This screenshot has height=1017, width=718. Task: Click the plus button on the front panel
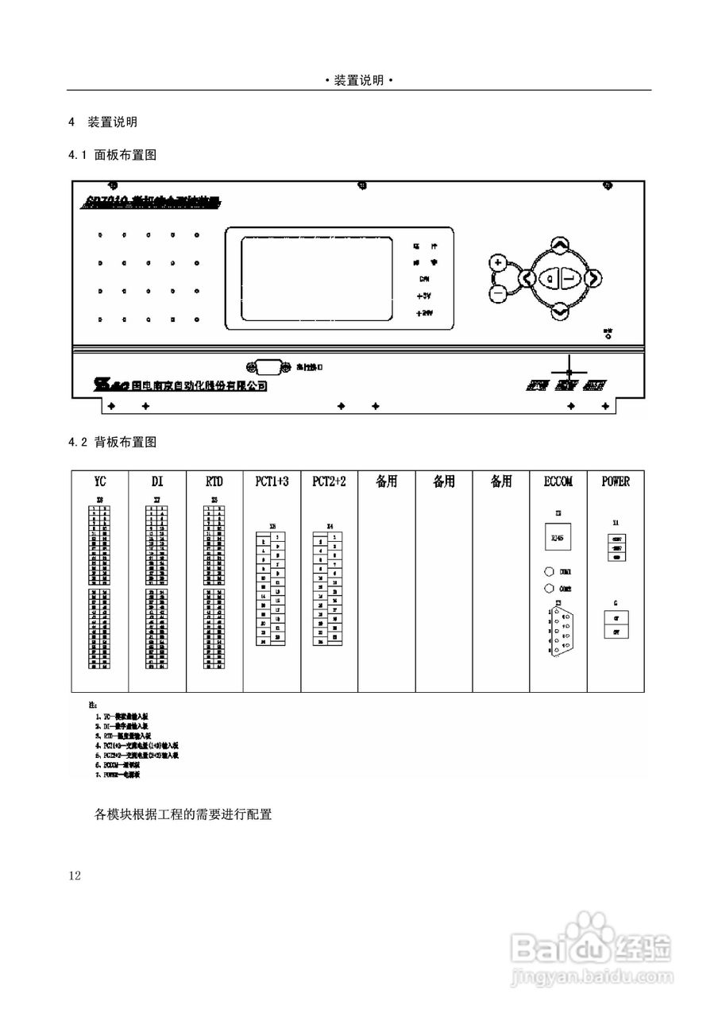pos(498,262)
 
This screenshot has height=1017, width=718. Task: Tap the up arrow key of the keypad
pos(559,245)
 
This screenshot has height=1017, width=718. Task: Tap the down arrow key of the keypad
pos(559,311)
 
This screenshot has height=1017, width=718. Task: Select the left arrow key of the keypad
pos(526,278)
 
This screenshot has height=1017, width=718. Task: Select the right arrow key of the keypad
pos(593,278)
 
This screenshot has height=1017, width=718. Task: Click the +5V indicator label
pos(424,296)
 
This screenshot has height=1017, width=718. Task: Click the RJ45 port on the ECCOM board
pos(559,539)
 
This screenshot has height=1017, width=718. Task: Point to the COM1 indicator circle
pos(549,571)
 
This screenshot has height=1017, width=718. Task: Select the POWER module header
pos(616,481)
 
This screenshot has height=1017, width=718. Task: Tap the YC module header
pos(100,481)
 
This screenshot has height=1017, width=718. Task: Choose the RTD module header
pos(214,481)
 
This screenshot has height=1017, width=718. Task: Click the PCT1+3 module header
pos(272,481)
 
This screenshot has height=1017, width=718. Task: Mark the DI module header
pos(157,481)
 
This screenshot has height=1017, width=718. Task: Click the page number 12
pos(75,876)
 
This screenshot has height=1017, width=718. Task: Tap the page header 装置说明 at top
pos(359,80)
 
